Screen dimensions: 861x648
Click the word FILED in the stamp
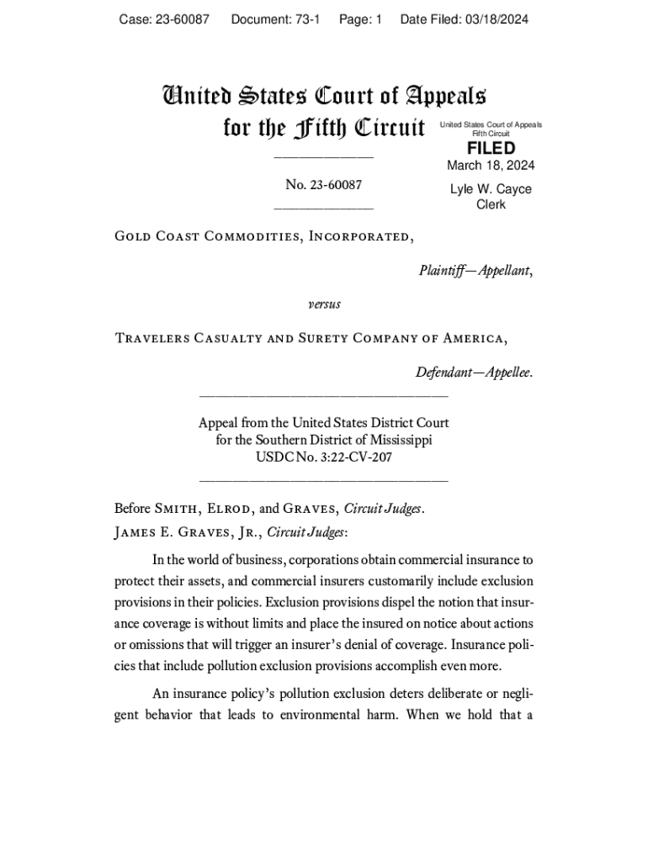491,148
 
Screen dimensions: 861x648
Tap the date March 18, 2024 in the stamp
491,166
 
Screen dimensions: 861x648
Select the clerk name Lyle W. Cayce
491,189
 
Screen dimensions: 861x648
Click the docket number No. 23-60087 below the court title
324,185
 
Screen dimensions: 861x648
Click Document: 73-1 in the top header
275,19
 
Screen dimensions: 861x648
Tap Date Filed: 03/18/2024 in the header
464,19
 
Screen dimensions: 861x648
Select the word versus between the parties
324,304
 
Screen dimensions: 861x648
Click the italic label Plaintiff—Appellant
475,271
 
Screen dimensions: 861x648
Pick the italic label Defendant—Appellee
474,372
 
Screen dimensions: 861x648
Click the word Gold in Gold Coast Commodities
132,236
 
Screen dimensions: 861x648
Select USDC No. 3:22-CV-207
324,458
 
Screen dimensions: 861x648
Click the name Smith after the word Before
176,509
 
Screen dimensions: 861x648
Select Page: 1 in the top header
360,19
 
